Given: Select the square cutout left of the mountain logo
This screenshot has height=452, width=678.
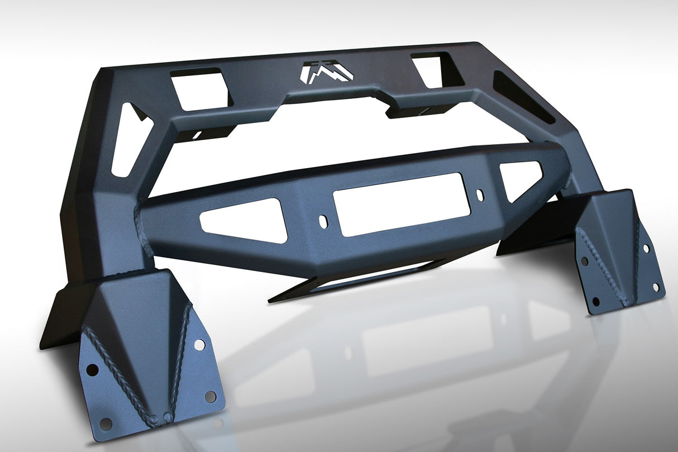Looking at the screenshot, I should [200, 88].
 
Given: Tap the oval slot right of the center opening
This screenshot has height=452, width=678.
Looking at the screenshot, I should [480, 195].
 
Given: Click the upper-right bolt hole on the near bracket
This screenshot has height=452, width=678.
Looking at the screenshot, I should [199, 344].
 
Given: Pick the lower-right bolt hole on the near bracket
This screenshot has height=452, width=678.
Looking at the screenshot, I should [210, 396].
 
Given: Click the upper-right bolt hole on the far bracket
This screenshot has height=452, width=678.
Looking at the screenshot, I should [646, 248].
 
